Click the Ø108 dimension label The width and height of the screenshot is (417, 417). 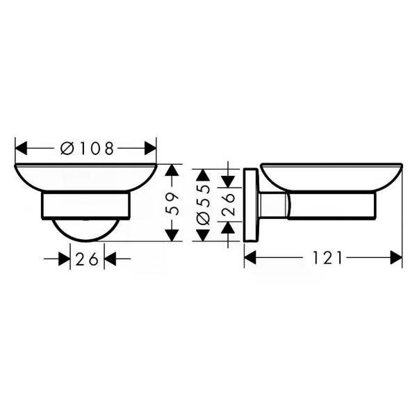pyautogui.click(x=87, y=149)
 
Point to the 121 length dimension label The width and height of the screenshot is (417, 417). pyautogui.click(x=327, y=258)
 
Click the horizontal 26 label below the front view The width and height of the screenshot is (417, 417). pyautogui.click(x=87, y=259)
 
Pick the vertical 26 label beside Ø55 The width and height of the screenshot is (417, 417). pyautogui.click(x=228, y=204)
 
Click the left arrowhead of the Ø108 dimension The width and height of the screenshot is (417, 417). pyautogui.click(x=22, y=148)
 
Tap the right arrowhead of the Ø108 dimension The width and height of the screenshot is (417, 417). pyautogui.click(x=150, y=148)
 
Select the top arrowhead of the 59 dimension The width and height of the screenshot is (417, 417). pyautogui.click(x=172, y=170)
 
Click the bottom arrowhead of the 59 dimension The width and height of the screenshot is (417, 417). pyautogui.click(x=172, y=236)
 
